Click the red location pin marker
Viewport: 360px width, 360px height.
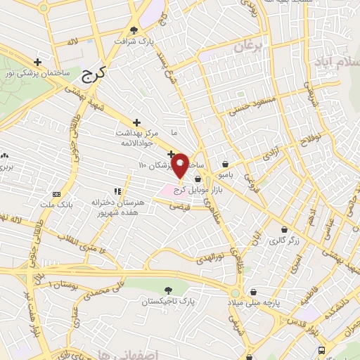(x=180, y=165)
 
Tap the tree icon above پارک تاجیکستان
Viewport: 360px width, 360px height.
(x=167, y=289)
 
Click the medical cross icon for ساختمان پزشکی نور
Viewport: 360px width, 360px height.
(x=47, y=62)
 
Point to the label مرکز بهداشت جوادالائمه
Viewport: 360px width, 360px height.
(x=138, y=137)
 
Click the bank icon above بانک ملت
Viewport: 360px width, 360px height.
(x=57, y=194)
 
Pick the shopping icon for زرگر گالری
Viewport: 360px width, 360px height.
(x=284, y=229)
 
